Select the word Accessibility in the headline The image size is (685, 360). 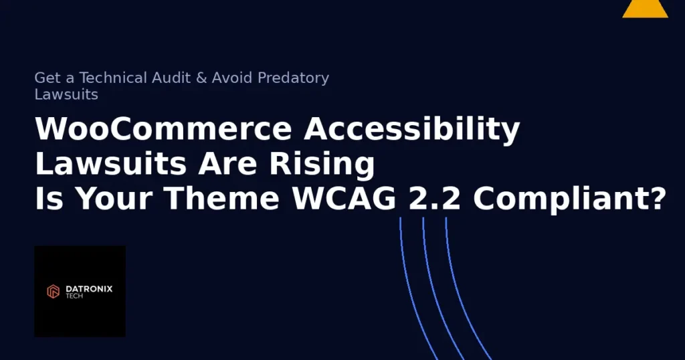412,129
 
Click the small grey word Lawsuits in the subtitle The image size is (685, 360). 66,94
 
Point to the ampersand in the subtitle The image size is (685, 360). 201,78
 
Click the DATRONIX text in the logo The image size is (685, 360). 89,288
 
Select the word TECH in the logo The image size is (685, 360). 74,296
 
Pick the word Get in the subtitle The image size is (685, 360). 47,78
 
